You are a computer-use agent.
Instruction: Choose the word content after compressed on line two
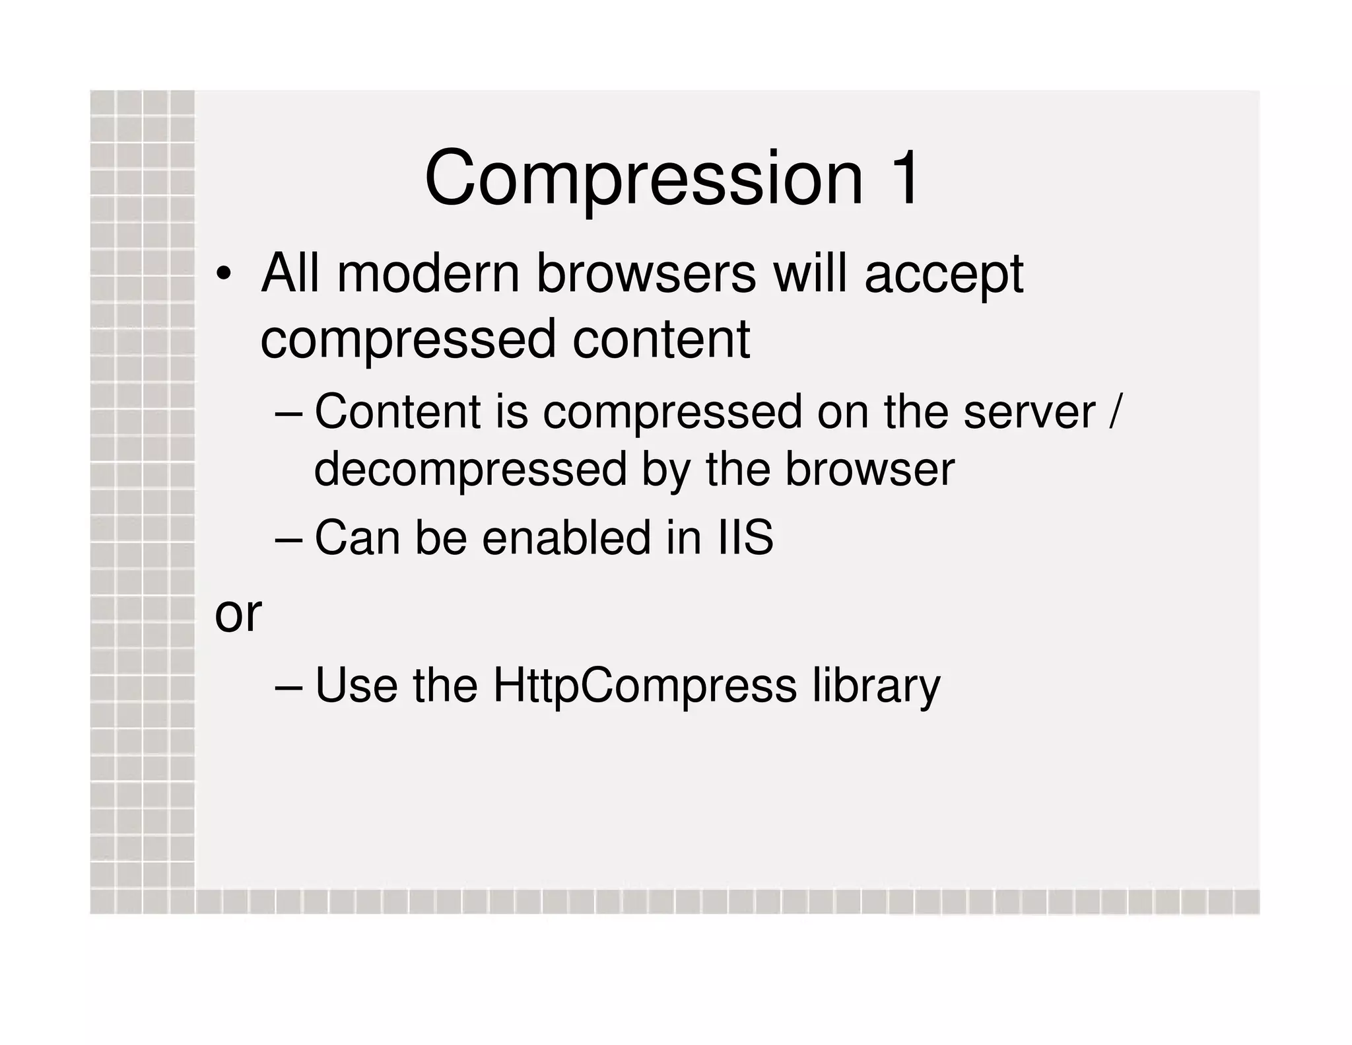click(661, 340)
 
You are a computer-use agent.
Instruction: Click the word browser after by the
click(869, 470)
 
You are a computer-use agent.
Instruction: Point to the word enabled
click(566, 538)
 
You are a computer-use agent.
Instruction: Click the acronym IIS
click(745, 538)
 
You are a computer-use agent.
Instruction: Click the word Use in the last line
click(356, 686)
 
